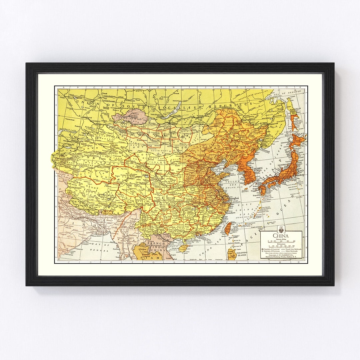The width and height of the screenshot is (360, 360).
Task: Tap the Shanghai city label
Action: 234,199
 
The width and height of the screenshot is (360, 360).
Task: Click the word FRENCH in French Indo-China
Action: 159,244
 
